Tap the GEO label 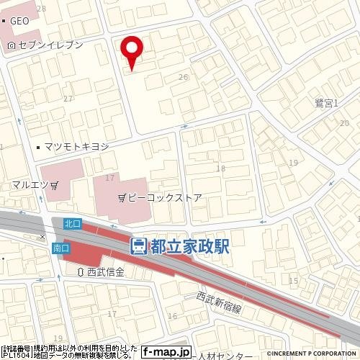(x=19, y=22)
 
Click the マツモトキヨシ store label (x=76, y=147)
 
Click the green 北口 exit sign (x=71, y=224)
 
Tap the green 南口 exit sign (x=61, y=248)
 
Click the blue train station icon (x=138, y=246)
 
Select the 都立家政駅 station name (x=189, y=246)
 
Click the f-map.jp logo (x=166, y=352)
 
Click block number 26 (x=184, y=77)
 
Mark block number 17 (x=110, y=177)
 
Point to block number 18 (x=220, y=168)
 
